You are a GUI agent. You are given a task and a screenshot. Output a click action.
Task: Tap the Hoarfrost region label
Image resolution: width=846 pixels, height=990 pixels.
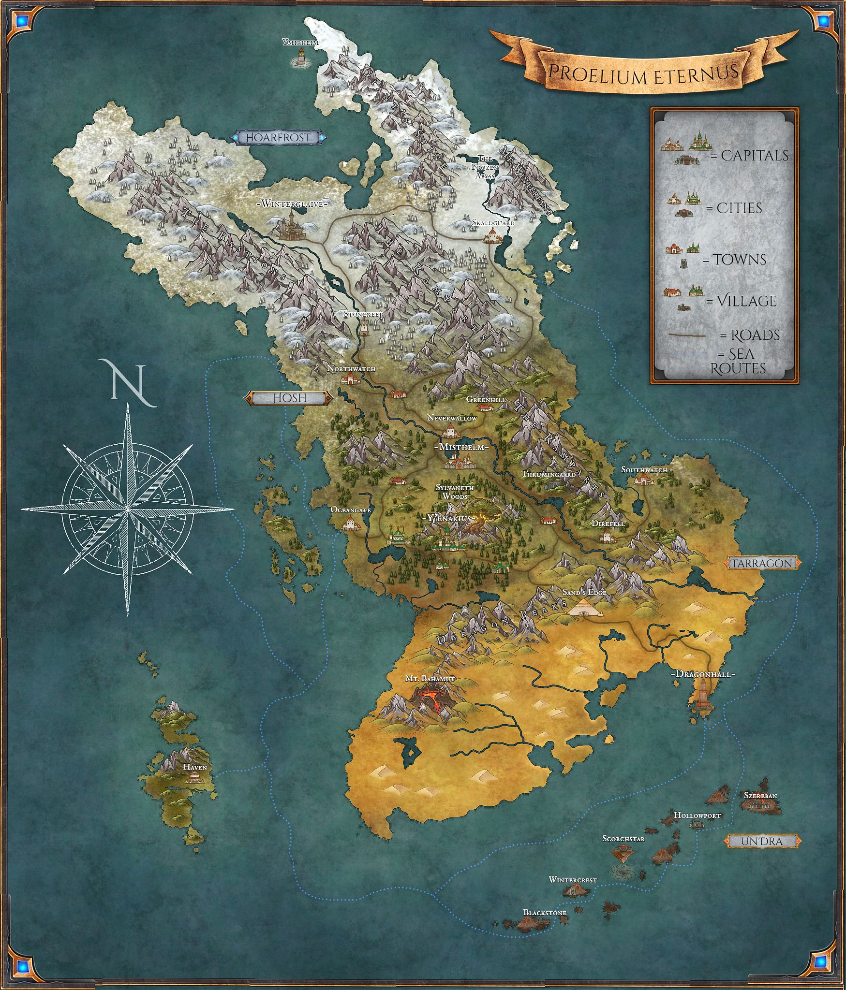(x=277, y=138)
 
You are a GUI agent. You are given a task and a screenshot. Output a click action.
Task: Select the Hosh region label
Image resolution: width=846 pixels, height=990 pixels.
(x=290, y=398)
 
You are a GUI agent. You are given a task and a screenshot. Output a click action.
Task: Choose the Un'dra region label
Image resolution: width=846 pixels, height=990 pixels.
(x=761, y=841)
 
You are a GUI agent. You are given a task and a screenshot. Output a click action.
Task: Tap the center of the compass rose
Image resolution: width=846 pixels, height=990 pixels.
(x=127, y=509)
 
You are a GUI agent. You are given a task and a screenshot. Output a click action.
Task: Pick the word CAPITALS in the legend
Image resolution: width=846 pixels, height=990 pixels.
(x=755, y=156)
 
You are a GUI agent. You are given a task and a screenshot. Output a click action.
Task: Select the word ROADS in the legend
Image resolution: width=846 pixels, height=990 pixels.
(x=755, y=335)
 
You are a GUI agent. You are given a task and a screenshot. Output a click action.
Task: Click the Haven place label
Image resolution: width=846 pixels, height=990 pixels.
(x=194, y=767)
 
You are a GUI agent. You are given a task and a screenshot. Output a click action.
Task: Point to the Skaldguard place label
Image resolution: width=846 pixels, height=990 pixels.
(x=493, y=223)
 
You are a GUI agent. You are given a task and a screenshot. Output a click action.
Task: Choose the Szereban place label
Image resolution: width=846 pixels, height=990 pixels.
(x=760, y=796)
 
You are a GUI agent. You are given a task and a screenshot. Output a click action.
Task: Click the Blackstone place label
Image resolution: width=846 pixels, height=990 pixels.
(x=545, y=913)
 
